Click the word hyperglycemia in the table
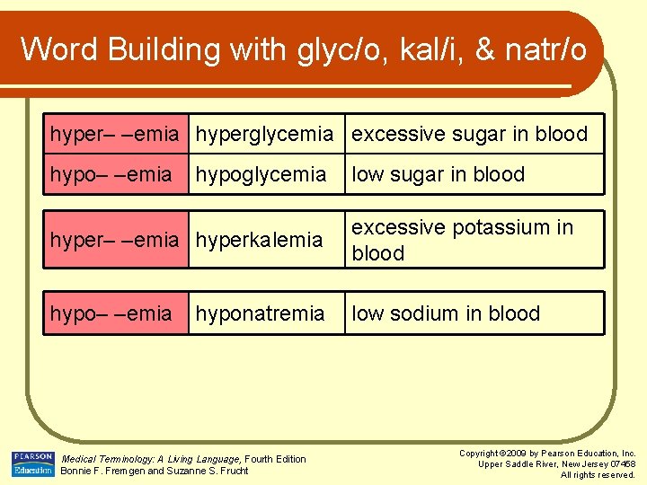(264, 134)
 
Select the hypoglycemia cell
(261, 174)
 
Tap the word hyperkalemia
(259, 240)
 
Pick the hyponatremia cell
(260, 313)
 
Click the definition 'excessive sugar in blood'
(469, 134)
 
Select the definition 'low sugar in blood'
(438, 174)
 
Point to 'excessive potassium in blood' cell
(462, 240)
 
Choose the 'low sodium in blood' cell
(446, 313)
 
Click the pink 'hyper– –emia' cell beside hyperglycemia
(115, 134)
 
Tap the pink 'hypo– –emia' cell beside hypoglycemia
(111, 174)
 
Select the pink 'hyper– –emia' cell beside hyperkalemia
(115, 240)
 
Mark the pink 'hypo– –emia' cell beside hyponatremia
(111, 313)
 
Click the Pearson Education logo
(33, 463)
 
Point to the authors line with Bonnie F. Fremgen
(154, 472)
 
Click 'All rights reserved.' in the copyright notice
(598, 474)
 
